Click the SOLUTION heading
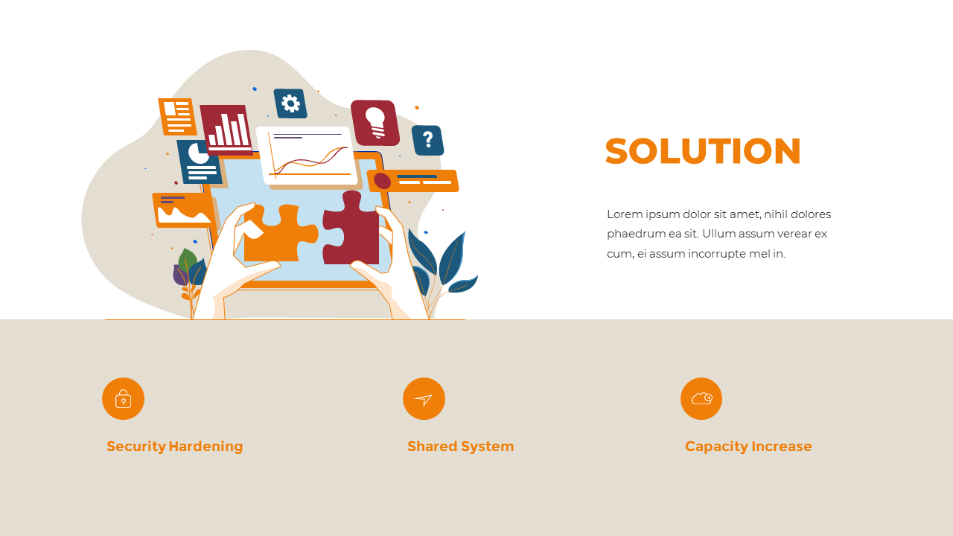pos(703,151)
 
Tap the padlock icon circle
pos(123,399)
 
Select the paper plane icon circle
pos(424,399)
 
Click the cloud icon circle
pos(701,399)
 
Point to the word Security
pos(136,447)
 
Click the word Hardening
pos(206,447)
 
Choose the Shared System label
pos(460,447)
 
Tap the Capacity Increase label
pos(748,447)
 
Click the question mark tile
pos(427,140)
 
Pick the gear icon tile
pos(290,103)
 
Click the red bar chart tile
pos(226,129)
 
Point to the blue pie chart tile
pos(199,162)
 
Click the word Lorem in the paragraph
pos(624,214)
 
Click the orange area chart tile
pos(183,210)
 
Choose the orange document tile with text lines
pos(176,116)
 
